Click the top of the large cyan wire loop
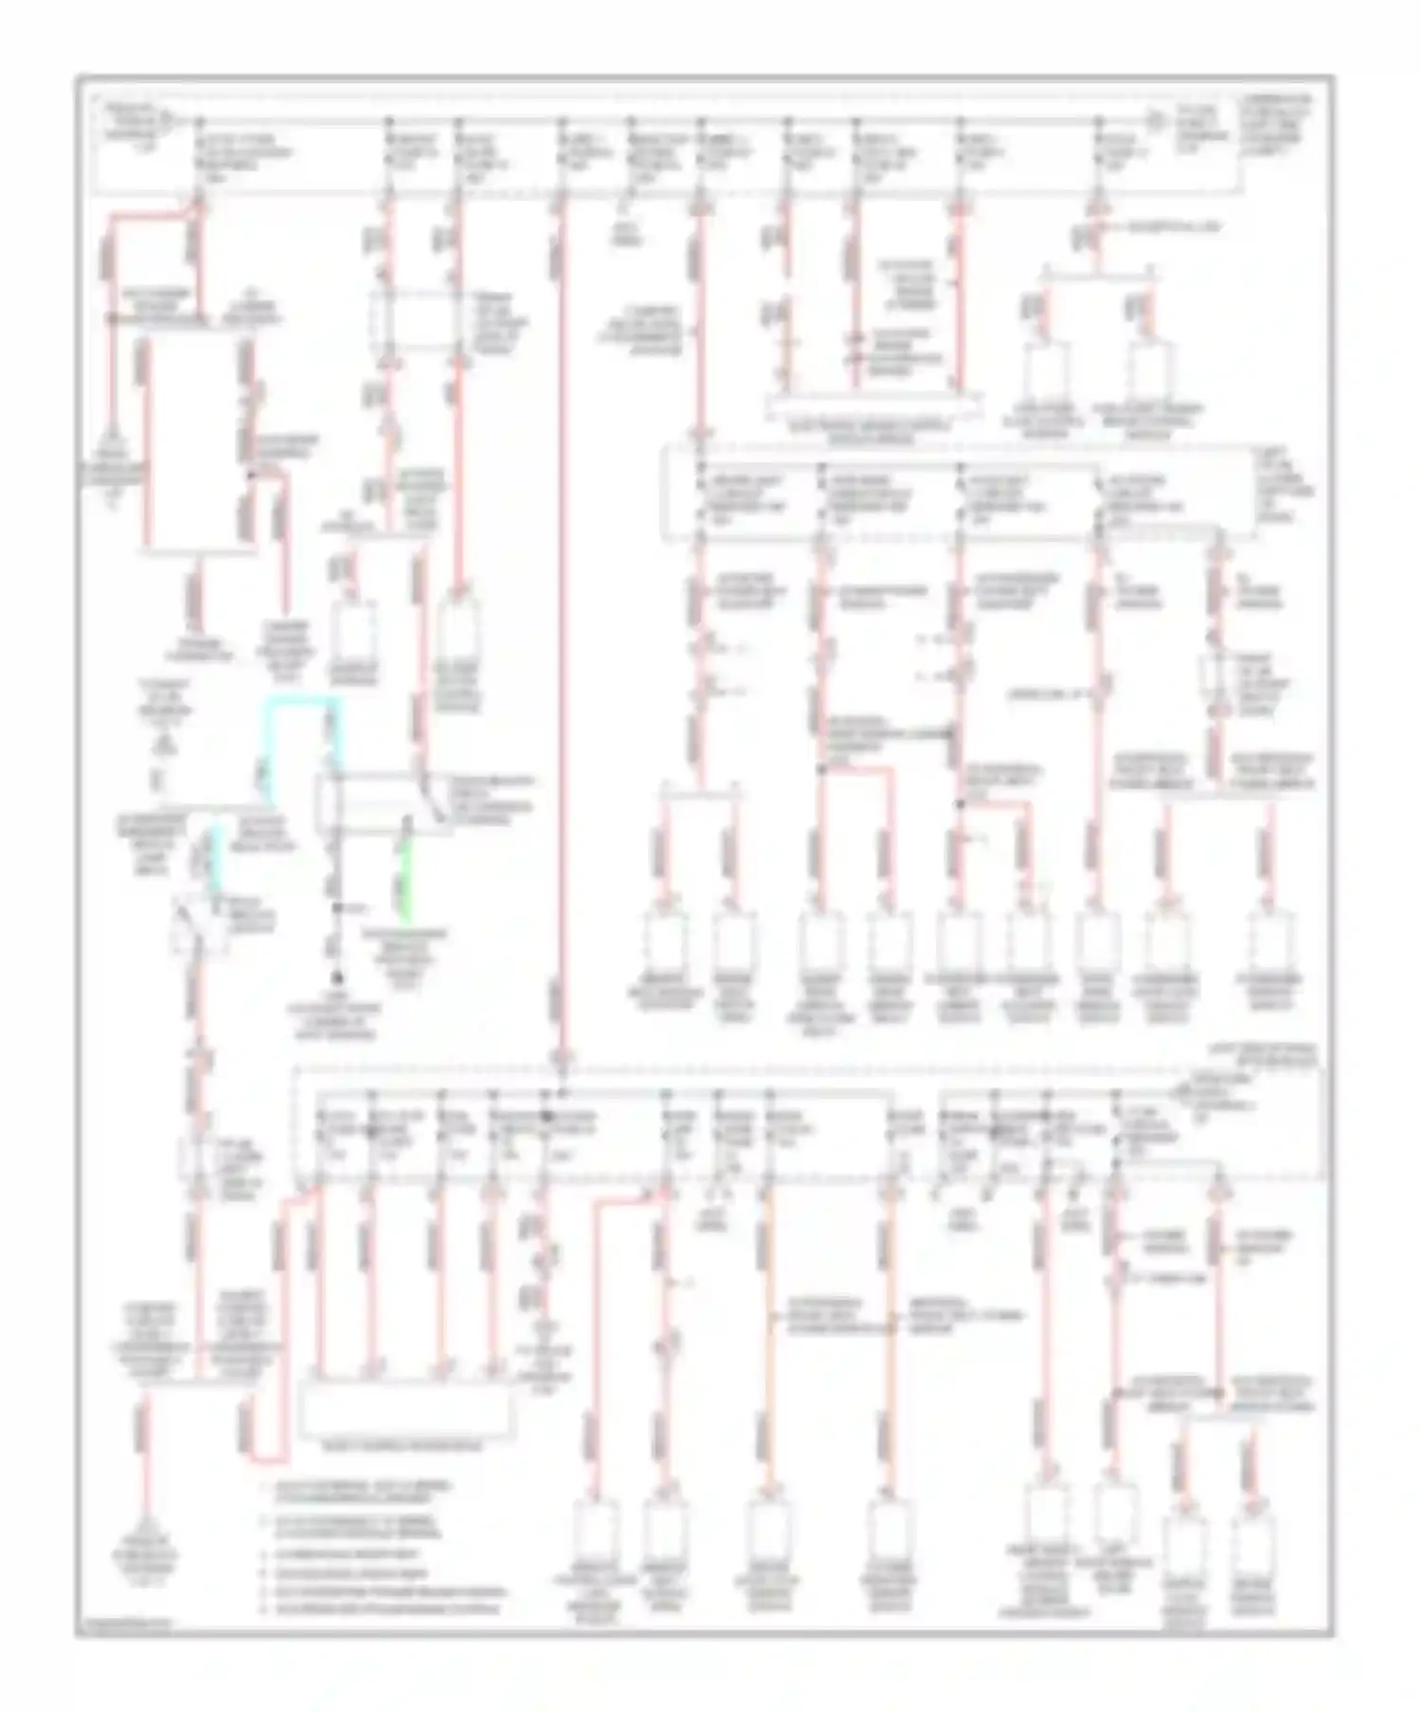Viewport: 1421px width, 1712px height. pos(301,701)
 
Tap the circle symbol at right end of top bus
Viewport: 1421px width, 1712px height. pos(1154,120)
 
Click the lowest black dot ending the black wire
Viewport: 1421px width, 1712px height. pos(336,978)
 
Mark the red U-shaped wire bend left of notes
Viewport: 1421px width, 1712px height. pos(268,1454)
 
